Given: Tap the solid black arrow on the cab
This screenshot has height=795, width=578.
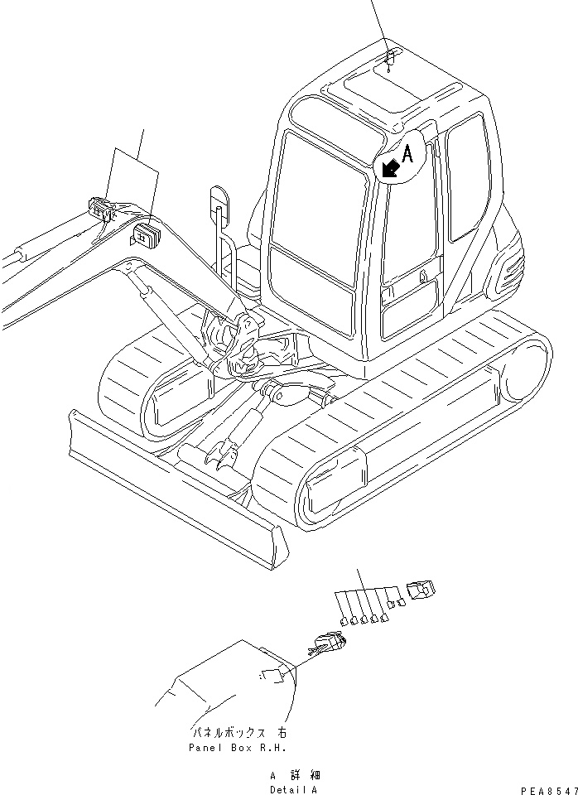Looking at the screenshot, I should [389, 168].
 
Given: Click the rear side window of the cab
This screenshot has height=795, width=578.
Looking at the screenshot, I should [465, 173].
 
